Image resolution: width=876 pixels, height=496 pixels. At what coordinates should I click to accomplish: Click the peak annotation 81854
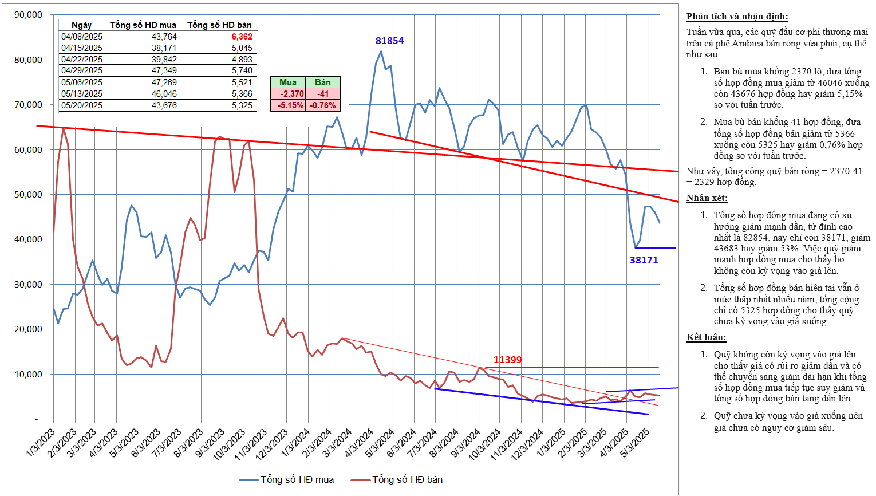click(389, 41)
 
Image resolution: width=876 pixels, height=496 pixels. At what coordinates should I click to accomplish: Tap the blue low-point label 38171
click(644, 260)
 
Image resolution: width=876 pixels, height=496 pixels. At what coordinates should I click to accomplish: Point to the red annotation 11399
click(507, 360)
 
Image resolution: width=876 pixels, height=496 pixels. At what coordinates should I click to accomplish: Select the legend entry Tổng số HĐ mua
click(297, 479)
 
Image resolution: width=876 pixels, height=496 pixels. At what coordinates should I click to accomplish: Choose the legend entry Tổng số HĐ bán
click(407, 479)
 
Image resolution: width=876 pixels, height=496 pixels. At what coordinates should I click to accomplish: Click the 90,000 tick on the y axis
click(28, 15)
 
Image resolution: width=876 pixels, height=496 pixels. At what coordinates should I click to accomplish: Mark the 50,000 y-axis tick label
click(28, 195)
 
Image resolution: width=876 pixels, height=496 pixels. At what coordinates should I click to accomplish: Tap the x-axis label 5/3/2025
click(635, 443)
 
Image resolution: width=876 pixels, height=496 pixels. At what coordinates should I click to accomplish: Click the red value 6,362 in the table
click(242, 37)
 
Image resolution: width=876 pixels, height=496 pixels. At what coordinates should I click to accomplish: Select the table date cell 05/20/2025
click(82, 105)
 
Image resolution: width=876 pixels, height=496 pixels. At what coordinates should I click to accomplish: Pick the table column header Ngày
click(81, 25)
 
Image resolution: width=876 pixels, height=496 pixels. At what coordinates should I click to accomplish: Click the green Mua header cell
click(287, 82)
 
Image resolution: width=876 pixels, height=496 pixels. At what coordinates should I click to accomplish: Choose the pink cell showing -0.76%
click(323, 105)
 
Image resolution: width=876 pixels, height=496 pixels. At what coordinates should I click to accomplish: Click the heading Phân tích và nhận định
click(737, 17)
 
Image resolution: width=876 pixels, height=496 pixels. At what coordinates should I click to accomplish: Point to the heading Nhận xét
click(707, 198)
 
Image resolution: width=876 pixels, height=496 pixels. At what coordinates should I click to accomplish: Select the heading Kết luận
click(706, 337)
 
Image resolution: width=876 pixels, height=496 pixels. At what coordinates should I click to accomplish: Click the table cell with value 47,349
click(164, 70)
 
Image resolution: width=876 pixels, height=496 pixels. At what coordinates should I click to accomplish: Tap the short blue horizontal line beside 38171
click(655, 248)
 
